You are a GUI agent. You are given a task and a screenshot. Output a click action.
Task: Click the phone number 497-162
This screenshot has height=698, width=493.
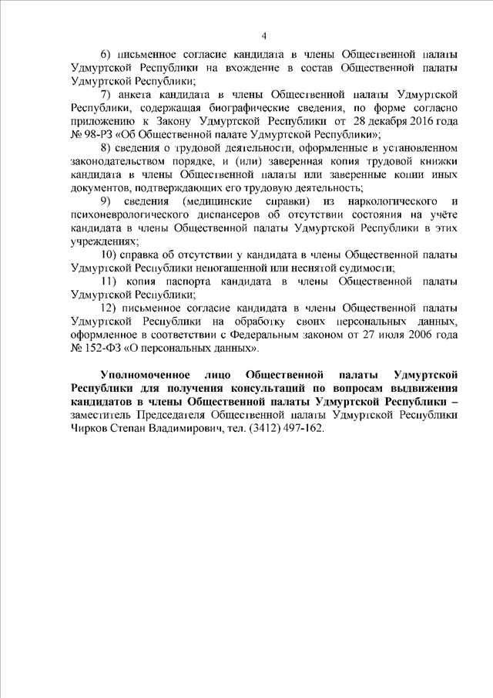(x=293, y=428)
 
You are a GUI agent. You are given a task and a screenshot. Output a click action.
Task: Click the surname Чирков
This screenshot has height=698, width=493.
(x=87, y=428)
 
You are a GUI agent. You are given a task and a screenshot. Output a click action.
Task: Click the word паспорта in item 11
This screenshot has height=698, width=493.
(x=194, y=282)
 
